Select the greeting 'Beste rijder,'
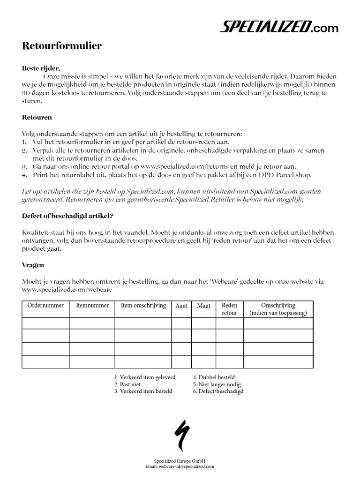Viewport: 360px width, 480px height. (x=41, y=68)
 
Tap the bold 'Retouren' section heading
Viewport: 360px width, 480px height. (x=37, y=117)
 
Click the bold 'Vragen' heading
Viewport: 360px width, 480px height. (x=33, y=265)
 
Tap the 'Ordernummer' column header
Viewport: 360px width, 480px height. (x=45, y=306)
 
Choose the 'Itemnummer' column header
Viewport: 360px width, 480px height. (x=92, y=306)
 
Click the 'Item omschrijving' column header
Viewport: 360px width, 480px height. (x=143, y=306)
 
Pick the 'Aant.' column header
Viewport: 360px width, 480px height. (x=182, y=306)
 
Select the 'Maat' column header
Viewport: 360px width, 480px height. (x=203, y=306)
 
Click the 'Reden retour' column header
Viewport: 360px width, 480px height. (x=229, y=309)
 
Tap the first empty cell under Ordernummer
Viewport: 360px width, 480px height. (x=45, y=323)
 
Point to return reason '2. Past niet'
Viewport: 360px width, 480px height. (x=127, y=384)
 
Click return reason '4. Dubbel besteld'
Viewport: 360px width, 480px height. (x=214, y=377)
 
